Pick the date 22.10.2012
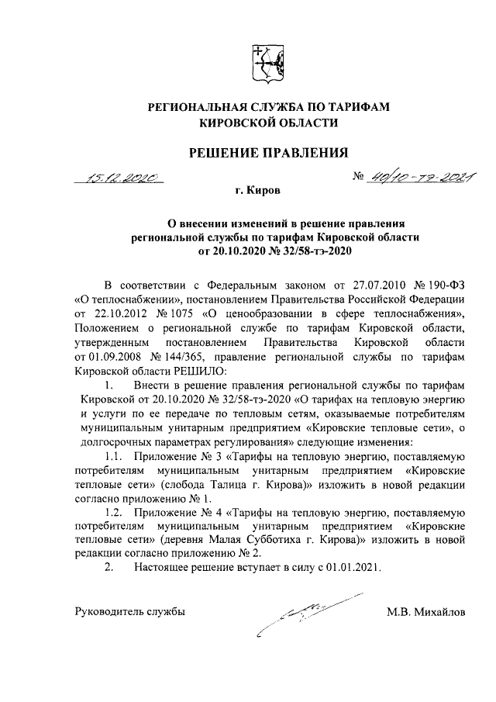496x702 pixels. pyautogui.click(x=116, y=313)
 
